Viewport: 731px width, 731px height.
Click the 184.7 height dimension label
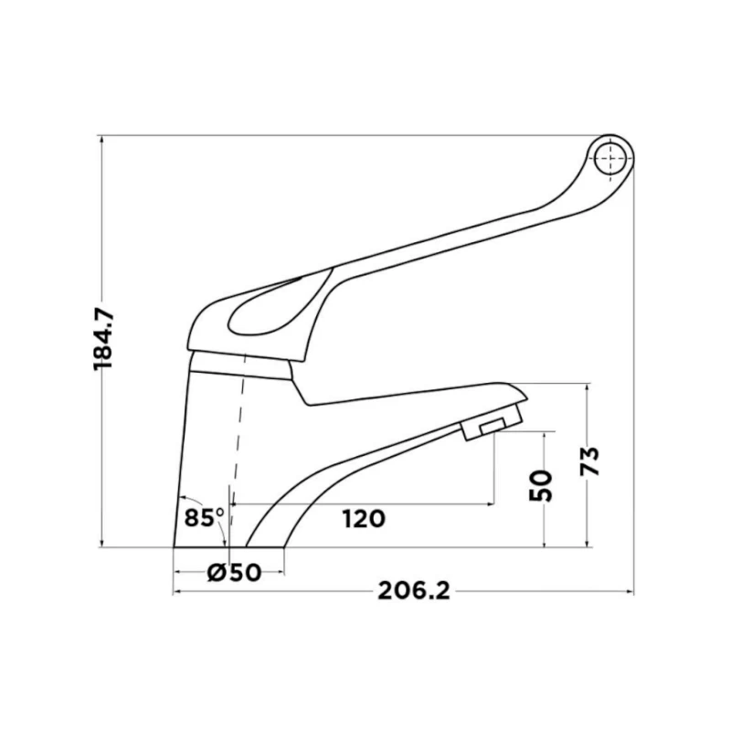click(x=103, y=339)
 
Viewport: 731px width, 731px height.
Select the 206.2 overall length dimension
click(x=414, y=591)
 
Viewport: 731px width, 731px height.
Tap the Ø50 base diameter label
click(x=235, y=573)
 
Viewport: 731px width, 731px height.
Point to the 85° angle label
click(x=204, y=517)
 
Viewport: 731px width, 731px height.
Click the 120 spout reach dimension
click(x=364, y=519)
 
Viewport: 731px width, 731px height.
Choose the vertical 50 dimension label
click(x=541, y=484)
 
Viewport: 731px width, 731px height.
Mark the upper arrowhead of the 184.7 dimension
click(x=101, y=142)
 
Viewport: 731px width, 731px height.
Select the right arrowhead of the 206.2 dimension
click(x=629, y=591)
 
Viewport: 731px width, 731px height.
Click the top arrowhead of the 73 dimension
click(x=588, y=388)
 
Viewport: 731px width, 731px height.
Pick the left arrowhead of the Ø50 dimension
click(x=178, y=573)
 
